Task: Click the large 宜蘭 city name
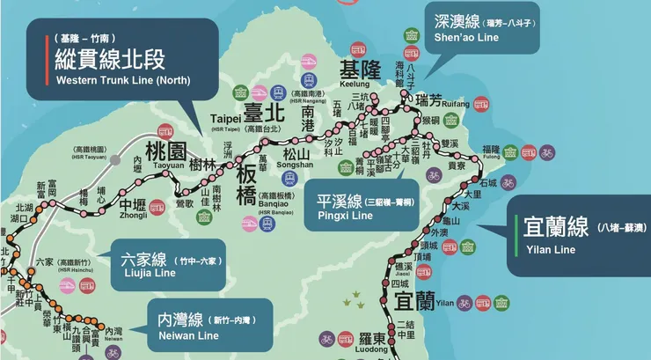(414, 302)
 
